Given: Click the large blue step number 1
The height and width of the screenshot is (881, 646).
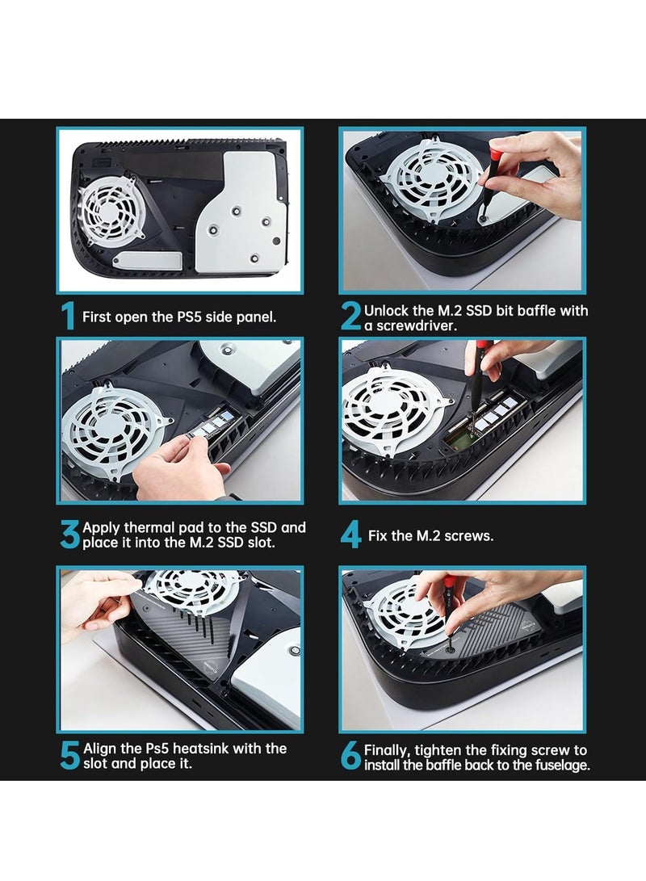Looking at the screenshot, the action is (68, 316).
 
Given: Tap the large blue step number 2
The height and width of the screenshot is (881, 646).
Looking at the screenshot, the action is (351, 317).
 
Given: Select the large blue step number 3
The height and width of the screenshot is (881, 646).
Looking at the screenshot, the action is (70, 534).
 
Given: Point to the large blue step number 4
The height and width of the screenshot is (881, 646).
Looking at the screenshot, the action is (351, 535).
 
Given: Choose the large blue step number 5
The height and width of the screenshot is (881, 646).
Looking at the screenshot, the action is (70, 755).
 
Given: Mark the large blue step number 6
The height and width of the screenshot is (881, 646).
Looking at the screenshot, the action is (351, 756).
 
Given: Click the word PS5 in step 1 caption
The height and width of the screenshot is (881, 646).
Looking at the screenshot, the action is (189, 317).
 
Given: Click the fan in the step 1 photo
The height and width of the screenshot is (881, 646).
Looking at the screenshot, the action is (111, 209).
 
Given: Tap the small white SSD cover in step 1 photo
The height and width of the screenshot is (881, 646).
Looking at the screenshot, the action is (147, 260).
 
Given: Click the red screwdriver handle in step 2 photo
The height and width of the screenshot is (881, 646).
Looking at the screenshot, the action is (496, 154).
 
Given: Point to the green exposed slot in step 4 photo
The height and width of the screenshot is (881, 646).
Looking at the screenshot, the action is (464, 442).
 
